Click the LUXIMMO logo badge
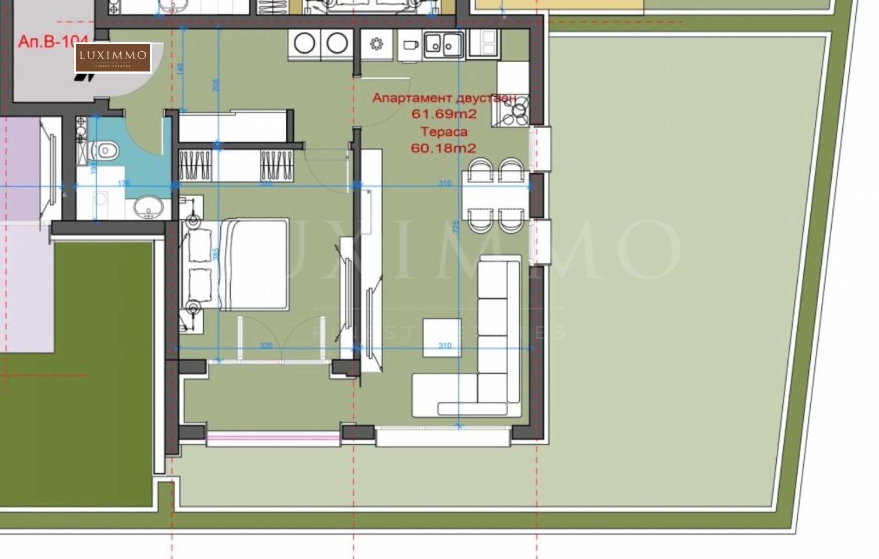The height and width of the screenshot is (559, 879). point(113,58)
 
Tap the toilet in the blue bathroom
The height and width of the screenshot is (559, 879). point(107,150)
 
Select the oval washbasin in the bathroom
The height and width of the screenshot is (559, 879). point(148,208)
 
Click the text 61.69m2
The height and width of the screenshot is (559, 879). point(444,114)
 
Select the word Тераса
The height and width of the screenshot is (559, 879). point(444,131)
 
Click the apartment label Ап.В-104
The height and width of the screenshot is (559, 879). point(53,42)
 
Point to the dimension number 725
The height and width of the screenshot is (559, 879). point(455,227)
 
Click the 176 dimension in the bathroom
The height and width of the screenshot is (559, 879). point(124,183)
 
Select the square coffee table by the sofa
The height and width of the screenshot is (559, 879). point(442,337)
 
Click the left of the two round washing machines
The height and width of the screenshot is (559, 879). point(305,43)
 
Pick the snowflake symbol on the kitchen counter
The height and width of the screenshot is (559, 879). point(376,44)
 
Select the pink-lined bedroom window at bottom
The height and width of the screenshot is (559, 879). point(273,438)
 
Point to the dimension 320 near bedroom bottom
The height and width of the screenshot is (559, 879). point(266,346)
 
